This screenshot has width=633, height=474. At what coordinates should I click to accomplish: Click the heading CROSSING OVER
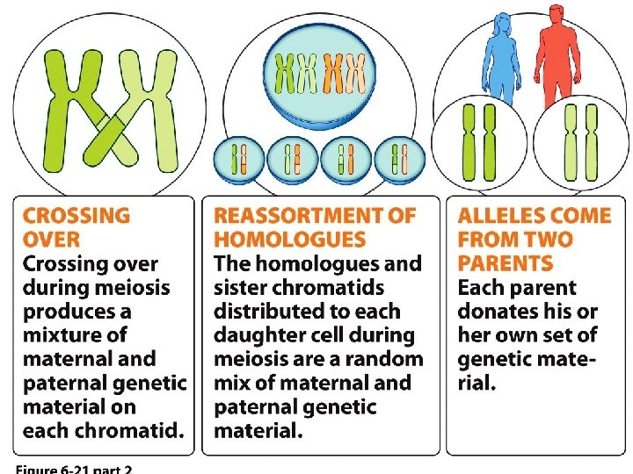click(76, 227)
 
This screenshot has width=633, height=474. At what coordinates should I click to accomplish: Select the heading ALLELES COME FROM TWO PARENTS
click(534, 239)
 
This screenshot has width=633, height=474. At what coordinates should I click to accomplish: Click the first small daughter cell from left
click(238, 160)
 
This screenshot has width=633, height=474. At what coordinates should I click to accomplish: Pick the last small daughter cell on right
click(400, 160)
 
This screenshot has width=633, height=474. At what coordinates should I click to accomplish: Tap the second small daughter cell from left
click(292, 160)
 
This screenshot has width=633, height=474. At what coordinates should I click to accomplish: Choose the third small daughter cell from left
click(346, 160)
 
